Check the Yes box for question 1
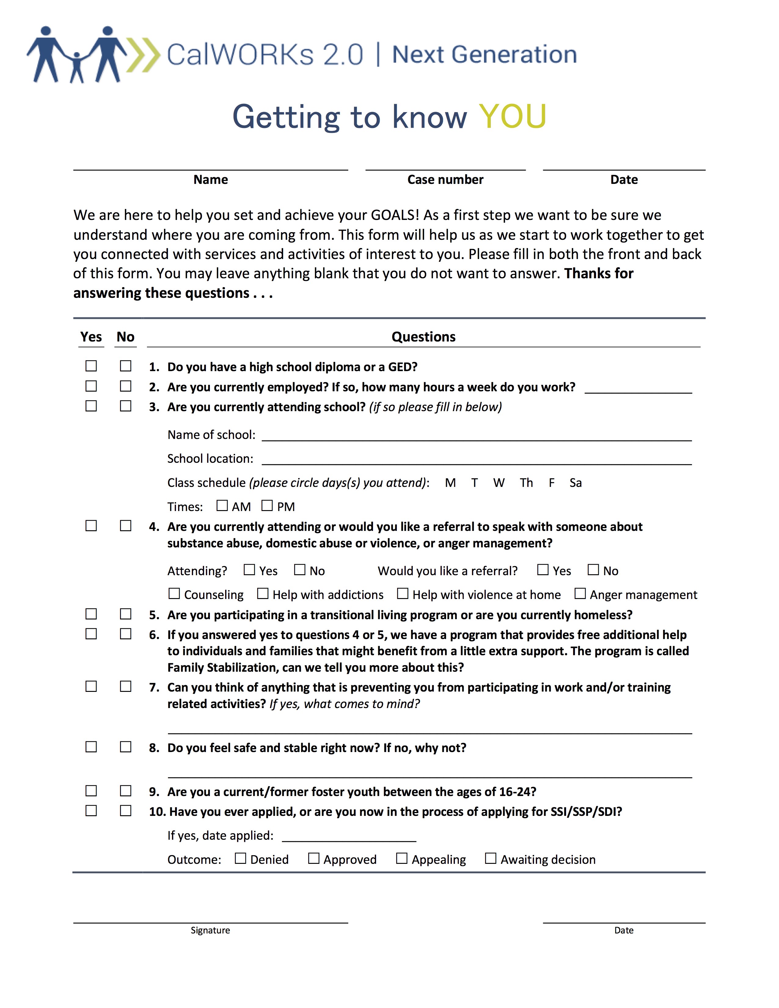(x=91, y=366)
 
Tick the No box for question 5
(x=126, y=614)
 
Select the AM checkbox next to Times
(x=222, y=506)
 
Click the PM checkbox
(x=267, y=506)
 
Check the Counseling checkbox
(x=174, y=593)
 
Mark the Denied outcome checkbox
(x=240, y=858)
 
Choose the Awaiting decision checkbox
(x=491, y=858)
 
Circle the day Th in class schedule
(x=526, y=483)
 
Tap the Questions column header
(x=423, y=337)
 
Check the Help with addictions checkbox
(x=263, y=593)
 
